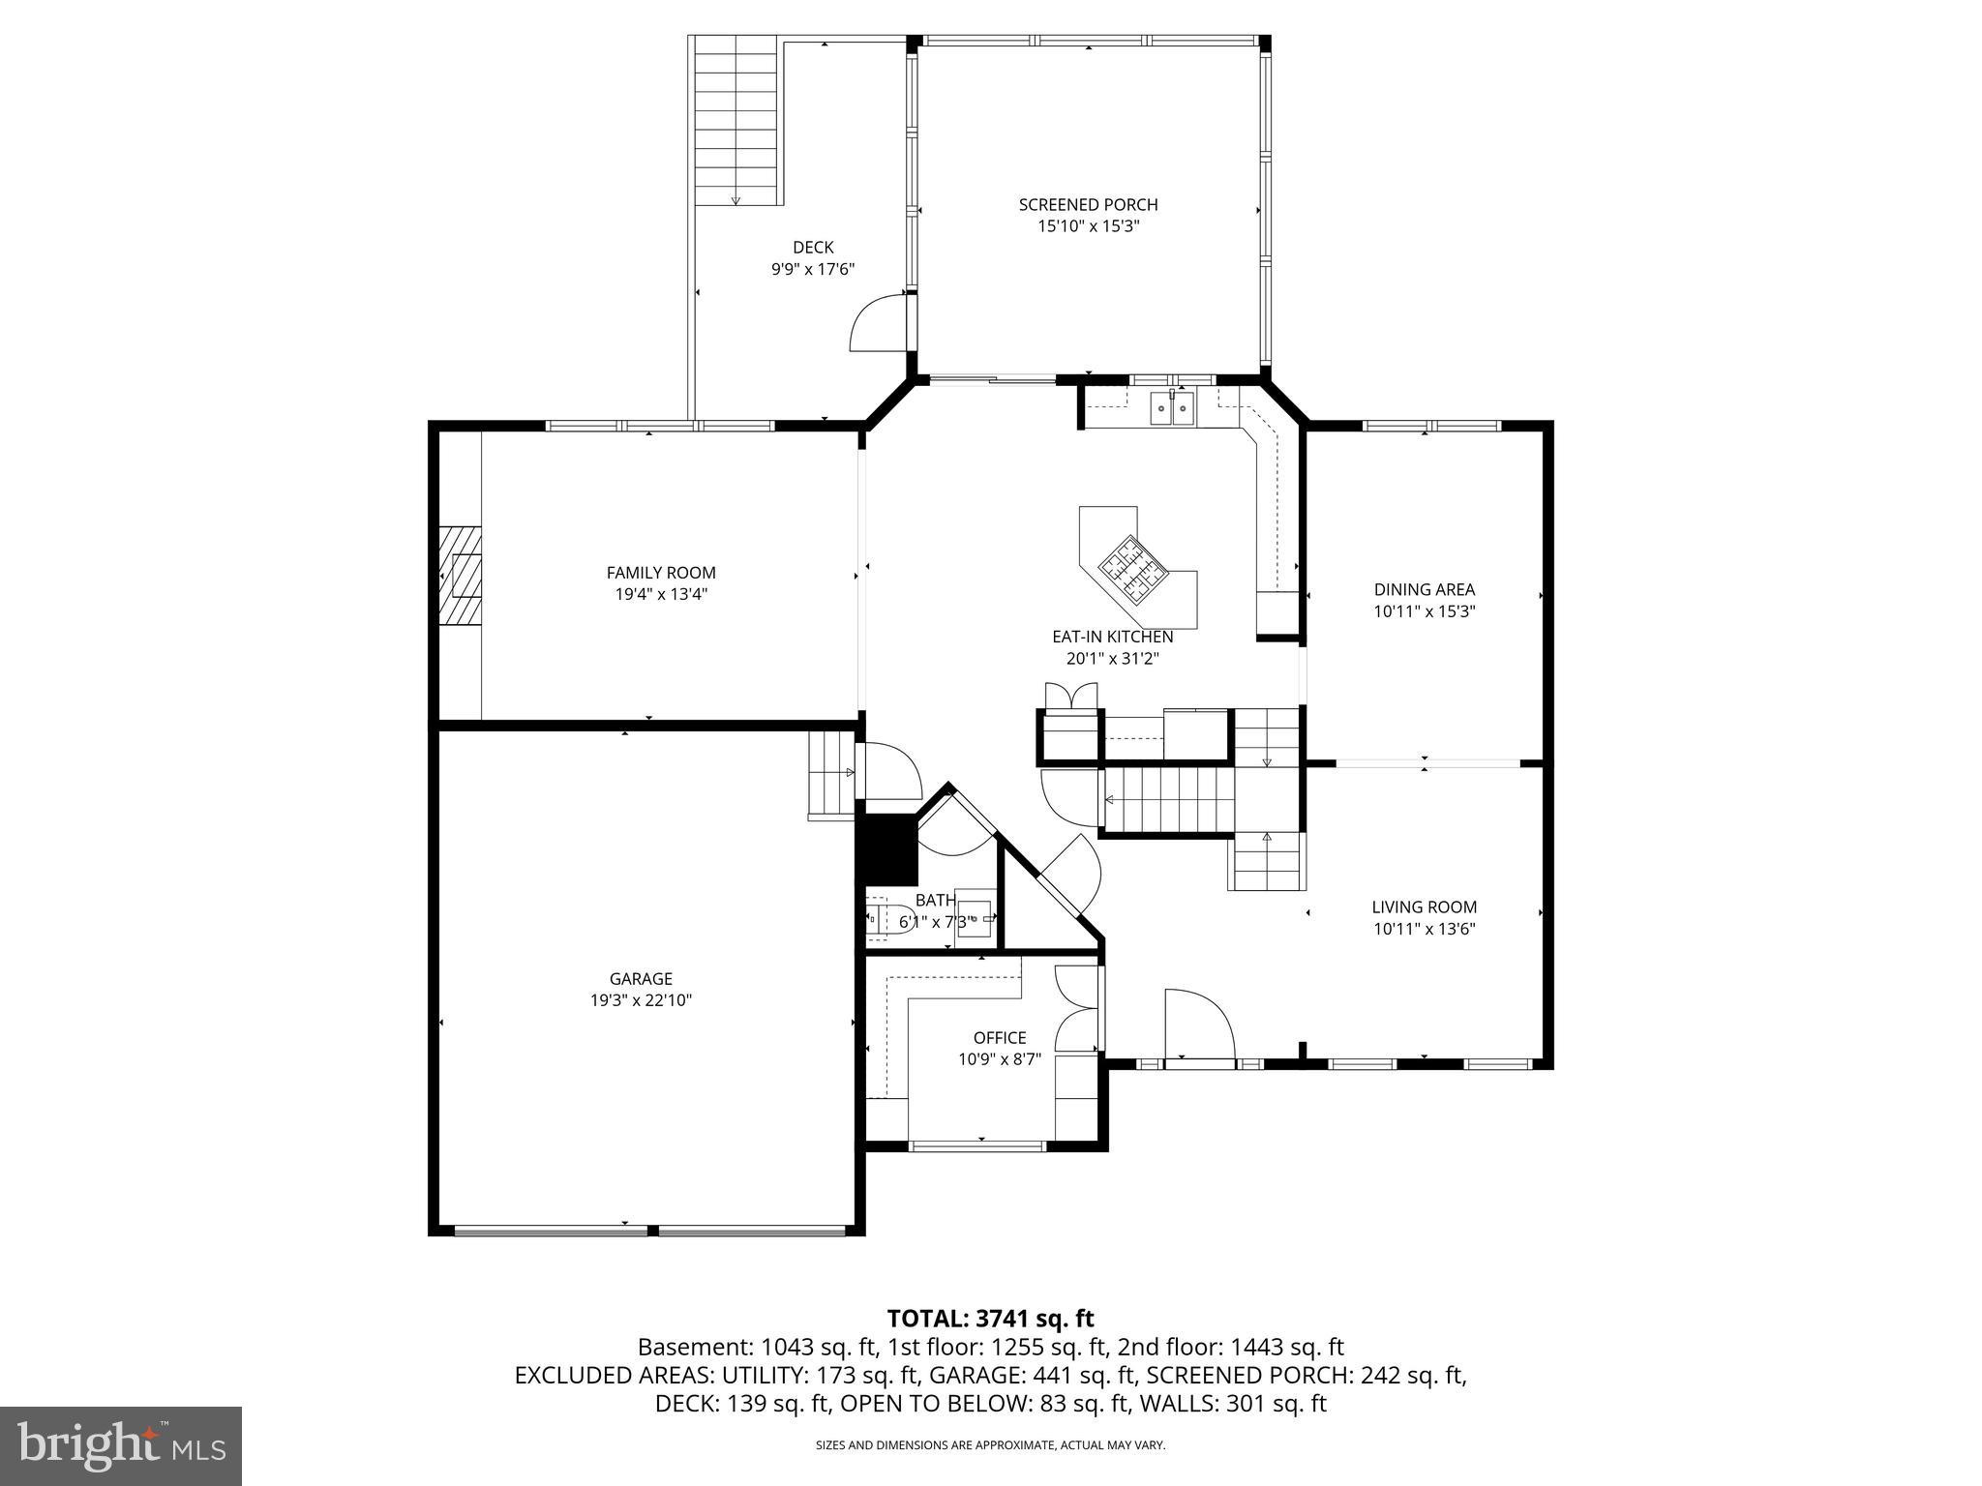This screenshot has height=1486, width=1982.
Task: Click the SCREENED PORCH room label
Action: coord(1088,204)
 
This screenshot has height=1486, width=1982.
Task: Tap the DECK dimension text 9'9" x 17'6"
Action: coord(813,270)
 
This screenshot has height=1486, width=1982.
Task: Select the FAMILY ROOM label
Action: coord(661,573)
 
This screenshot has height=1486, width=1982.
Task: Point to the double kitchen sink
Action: coord(1172,408)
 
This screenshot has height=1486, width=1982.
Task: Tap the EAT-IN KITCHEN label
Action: coord(1112,637)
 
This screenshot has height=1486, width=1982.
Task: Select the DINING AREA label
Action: coord(1424,589)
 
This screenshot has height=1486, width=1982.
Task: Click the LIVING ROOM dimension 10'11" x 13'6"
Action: coord(1424,930)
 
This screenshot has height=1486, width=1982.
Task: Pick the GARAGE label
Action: coord(641,979)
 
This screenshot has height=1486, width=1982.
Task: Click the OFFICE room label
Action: coord(1000,1038)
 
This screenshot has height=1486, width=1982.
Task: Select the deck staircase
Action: coord(736,120)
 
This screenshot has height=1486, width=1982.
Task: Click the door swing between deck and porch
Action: coord(878,326)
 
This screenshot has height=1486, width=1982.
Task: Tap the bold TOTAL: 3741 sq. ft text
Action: coord(990,1318)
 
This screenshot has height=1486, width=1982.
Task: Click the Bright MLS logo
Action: coord(121,1445)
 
